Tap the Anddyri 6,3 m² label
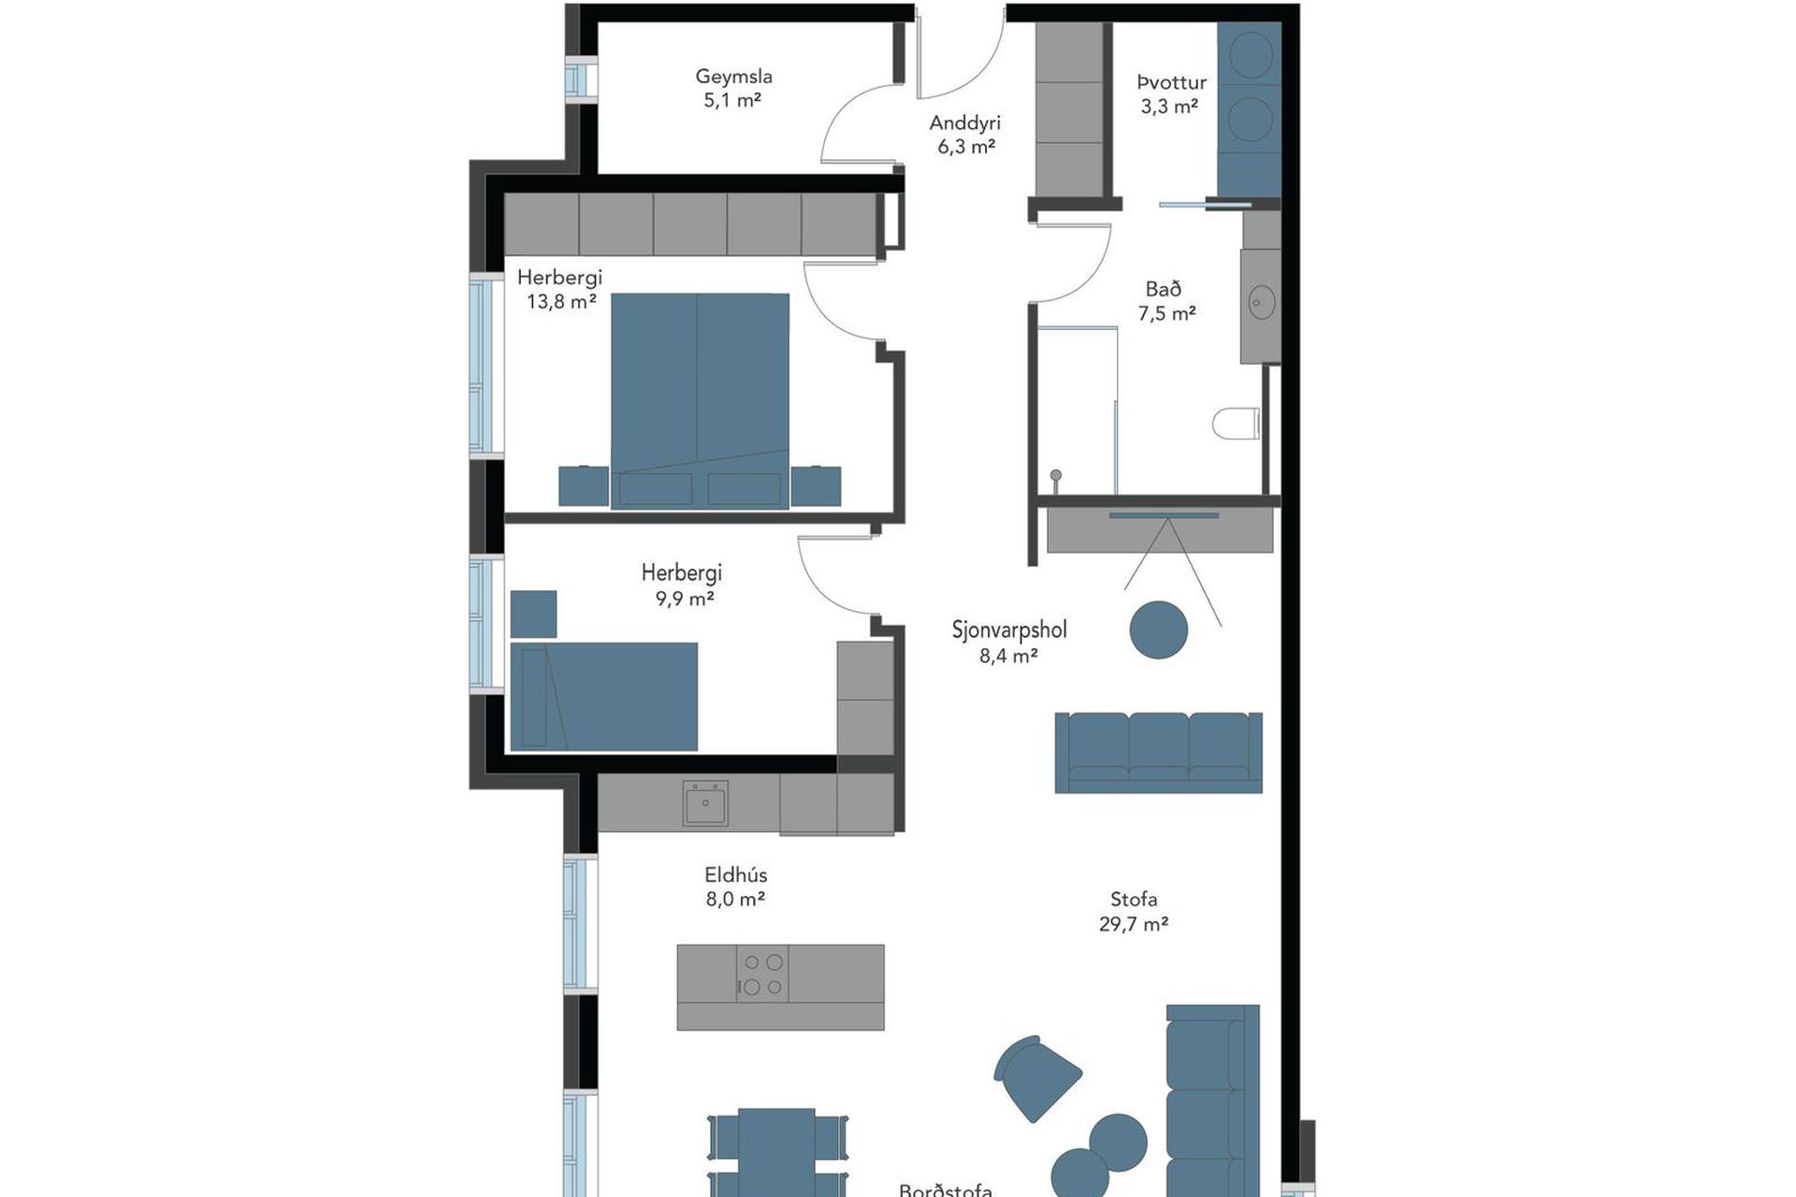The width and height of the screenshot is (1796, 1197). click(x=965, y=134)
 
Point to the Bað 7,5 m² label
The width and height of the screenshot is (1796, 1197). click(x=1166, y=301)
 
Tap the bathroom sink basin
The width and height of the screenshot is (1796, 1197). click(x=1262, y=302)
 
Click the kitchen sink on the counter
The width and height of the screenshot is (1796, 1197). click(x=705, y=803)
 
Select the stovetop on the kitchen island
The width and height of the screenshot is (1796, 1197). click(x=761, y=973)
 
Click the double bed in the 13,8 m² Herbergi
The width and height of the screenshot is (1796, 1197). click(x=700, y=401)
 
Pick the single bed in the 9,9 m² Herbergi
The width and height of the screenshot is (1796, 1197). click(x=604, y=696)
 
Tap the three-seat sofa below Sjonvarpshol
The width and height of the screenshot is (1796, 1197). click(x=1158, y=752)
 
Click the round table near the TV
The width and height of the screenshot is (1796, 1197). click(x=1159, y=629)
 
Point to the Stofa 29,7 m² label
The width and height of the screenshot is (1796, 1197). click(x=1134, y=912)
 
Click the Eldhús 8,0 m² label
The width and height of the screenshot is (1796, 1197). click(x=736, y=887)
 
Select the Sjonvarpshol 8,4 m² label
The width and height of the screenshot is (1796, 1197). click(x=1009, y=642)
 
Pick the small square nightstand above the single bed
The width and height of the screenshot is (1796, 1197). click(x=533, y=613)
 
